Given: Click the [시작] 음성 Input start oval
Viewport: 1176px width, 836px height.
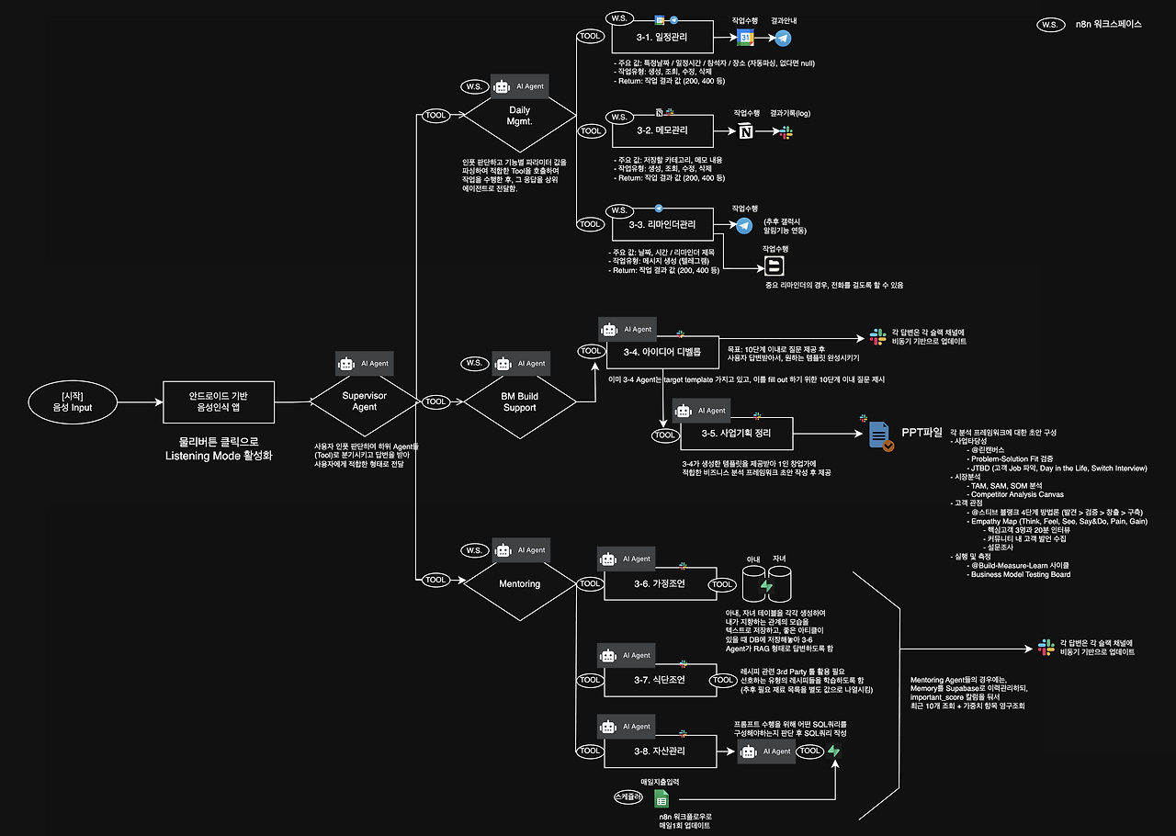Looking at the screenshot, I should click(72, 401).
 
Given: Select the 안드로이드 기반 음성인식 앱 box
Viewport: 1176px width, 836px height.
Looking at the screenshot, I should click(219, 401).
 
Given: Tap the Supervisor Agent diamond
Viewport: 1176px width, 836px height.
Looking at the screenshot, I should click(365, 401).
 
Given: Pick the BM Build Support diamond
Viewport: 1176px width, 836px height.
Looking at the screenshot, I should click(519, 401).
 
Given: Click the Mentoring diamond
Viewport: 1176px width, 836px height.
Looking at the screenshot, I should click(519, 583).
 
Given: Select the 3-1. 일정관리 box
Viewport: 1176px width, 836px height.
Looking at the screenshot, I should click(661, 39).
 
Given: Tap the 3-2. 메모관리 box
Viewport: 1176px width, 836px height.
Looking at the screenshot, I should click(661, 130).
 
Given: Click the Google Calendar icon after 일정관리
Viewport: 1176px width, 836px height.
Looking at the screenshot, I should click(747, 39).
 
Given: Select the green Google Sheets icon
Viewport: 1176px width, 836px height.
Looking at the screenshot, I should click(661, 799).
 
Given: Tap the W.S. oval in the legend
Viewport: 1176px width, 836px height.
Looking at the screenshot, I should click(1049, 25).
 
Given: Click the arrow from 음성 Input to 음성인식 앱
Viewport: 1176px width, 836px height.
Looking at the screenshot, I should click(137, 401).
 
